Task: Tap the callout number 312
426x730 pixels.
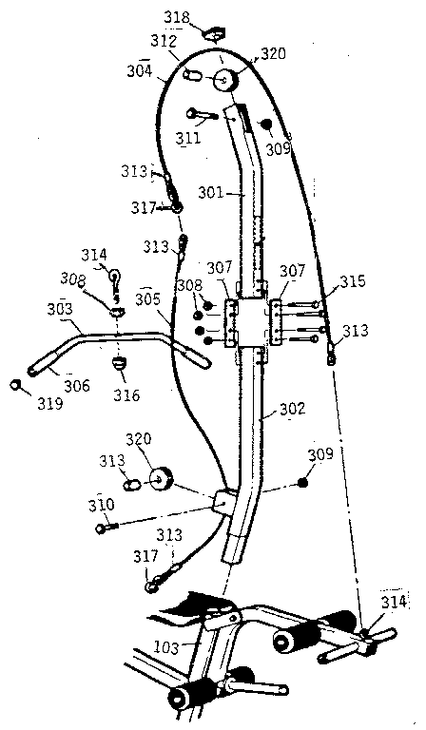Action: pyautogui.click(x=164, y=43)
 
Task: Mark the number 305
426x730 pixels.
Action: pyautogui.click(x=146, y=298)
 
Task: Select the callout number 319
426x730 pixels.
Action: pyautogui.click(x=50, y=403)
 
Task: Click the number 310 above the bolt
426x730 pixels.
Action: pyautogui.click(x=102, y=504)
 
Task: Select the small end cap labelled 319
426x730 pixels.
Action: pyautogui.click(x=17, y=385)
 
